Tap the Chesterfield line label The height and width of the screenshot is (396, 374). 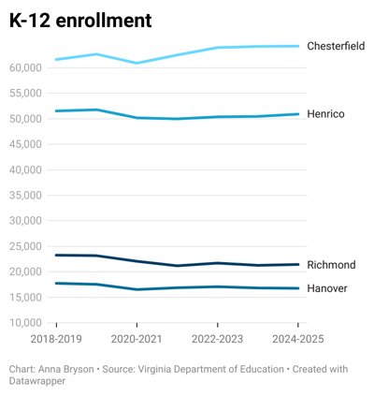336,46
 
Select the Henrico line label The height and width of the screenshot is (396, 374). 325,114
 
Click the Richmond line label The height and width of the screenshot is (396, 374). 331,265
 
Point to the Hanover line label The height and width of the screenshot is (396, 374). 327,288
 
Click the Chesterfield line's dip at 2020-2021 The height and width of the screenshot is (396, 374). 137,63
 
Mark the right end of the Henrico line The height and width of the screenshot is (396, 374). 298,114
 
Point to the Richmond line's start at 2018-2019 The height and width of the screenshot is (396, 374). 56,255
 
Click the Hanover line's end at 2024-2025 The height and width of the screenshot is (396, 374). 298,288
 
